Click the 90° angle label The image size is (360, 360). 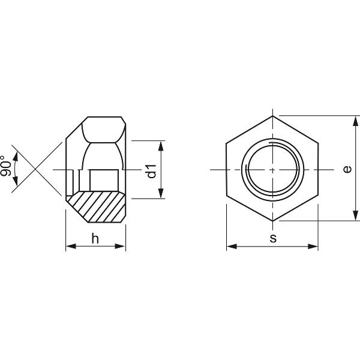tap(5, 166)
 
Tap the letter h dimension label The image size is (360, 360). tap(95, 238)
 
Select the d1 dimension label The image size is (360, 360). tap(152, 171)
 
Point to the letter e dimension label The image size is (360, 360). tap(347, 169)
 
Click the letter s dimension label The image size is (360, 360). tap(273, 239)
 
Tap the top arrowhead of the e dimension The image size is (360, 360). tap(355, 121)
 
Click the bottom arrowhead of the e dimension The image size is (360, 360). tap(355, 216)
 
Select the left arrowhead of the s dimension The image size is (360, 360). tap(232, 247)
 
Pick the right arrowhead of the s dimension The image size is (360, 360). tap(313, 247)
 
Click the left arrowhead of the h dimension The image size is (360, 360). tap(71, 247)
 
